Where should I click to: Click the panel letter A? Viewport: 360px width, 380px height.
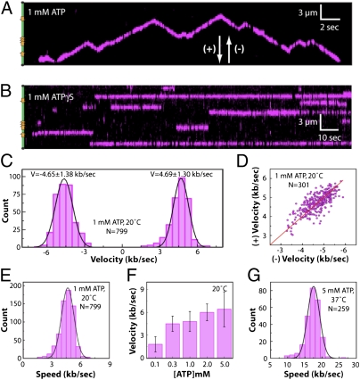coord(8,8)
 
